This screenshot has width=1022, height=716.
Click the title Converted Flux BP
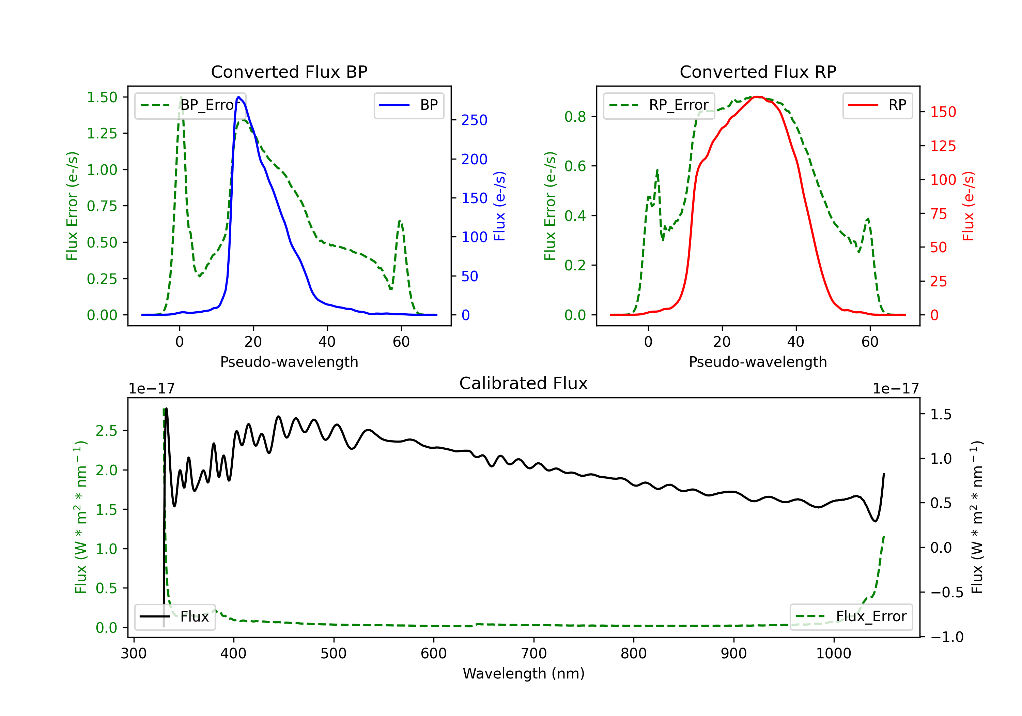tap(289, 72)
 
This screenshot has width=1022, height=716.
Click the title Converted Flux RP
tap(758, 72)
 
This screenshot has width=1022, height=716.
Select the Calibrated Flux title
tap(524, 383)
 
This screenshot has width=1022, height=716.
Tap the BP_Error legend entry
tap(190, 105)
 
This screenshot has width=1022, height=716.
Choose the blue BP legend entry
tap(408, 105)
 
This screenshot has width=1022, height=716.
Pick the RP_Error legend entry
tap(659, 105)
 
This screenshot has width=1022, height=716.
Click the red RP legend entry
tap(877, 105)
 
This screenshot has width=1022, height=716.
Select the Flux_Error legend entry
tap(851, 617)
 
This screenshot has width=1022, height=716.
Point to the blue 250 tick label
tap(474, 120)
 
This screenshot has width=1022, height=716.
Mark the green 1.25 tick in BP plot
tap(102, 133)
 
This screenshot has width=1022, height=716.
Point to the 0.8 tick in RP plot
tap(575, 117)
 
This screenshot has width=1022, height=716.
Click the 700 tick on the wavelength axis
tap(534, 654)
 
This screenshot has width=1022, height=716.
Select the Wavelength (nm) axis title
tap(524, 673)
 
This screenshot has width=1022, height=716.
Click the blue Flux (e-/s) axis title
tap(500, 206)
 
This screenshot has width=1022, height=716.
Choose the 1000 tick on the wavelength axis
tap(834, 654)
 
